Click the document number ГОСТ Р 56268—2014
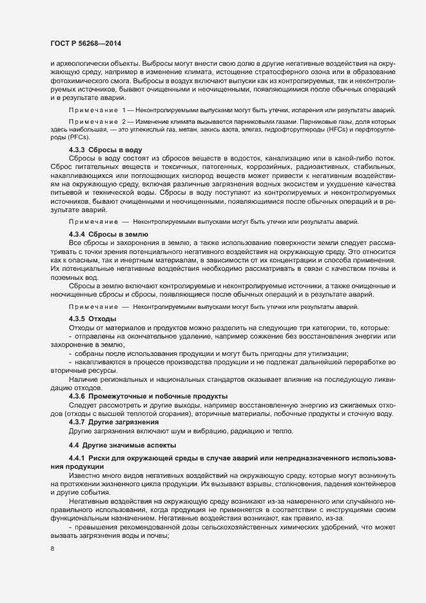(x=86, y=44)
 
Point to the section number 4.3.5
(x=79, y=319)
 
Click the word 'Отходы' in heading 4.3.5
(x=103, y=319)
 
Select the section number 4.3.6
(x=79, y=395)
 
